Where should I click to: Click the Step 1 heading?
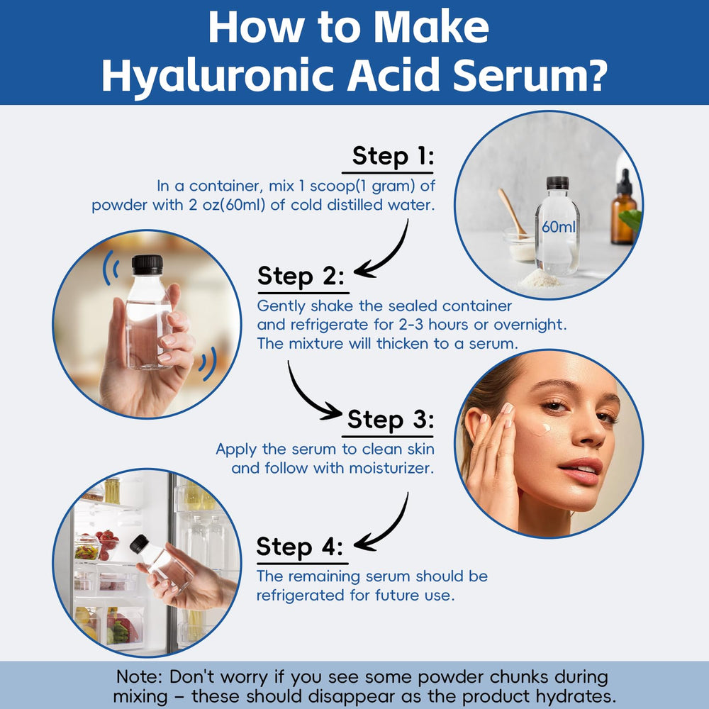(392, 155)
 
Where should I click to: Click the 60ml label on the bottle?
(557, 227)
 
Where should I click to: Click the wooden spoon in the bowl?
(513, 212)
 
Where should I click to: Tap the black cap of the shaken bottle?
(147, 264)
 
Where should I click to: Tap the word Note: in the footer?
(140, 676)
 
